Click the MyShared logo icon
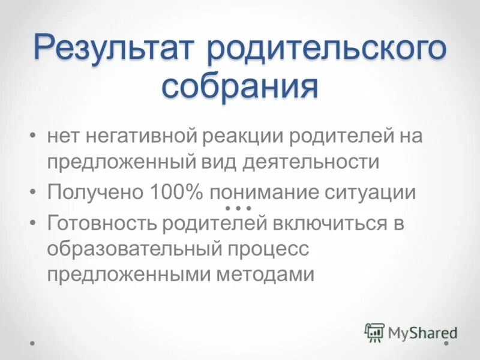(374, 331)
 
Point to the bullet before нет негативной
(33, 136)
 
